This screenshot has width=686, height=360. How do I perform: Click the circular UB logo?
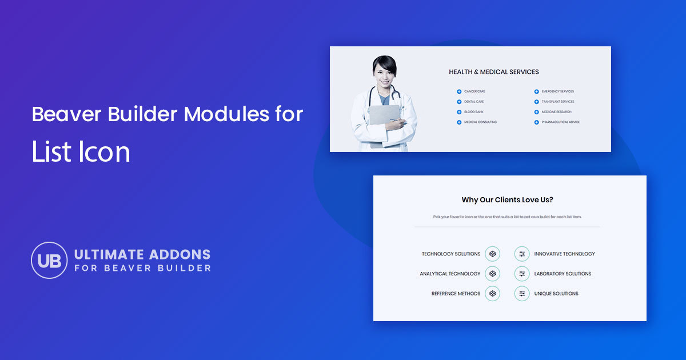tap(49, 260)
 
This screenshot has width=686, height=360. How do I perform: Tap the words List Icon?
tap(81, 153)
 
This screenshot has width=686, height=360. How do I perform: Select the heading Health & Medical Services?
tap(493, 72)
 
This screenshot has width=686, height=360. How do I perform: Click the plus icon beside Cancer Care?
tap(459, 91)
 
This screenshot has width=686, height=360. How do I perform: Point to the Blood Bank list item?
tap(473, 112)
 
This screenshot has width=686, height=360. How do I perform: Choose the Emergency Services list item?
tap(557, 91)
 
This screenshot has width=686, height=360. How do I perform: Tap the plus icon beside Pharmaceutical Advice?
tap(537, 122)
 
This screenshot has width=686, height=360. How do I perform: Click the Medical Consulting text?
tap(480, 122)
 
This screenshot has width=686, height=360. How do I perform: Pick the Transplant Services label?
tap(557, 102)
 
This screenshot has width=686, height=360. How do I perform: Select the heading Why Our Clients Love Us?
tap(507, 200)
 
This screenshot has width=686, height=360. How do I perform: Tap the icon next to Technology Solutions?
tap(492, 254)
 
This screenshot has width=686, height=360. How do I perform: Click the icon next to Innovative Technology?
tap(521, 254)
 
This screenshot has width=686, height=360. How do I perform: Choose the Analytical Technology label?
tap(450, 274)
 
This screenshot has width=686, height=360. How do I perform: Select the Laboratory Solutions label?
tap(563, 274)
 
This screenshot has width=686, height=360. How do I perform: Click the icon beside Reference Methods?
tap(492, 294)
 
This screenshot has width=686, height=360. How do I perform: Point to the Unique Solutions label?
tap(556, 294)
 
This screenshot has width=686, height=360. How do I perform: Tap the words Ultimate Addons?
tap(142, 254)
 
